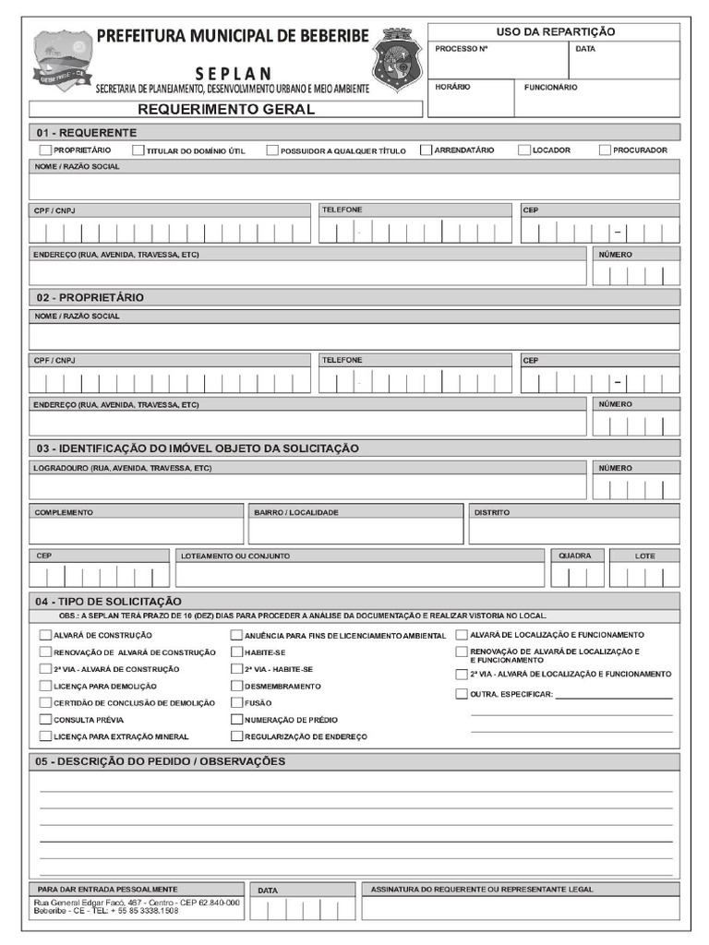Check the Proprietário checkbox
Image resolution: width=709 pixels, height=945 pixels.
click(x=45, y=150)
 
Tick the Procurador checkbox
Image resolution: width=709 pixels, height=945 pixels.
click(x=605, y=150)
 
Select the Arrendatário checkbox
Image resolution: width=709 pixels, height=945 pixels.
click(x=426, y=150)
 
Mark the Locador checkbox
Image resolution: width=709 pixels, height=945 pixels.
click(x=523, y=150)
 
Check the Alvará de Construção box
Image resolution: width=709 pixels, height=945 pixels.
click(x=45, y=635)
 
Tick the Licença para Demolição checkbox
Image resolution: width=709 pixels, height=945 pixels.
click(x=45, y=686)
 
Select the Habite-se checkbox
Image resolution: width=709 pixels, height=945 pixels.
click(x=236, y=652)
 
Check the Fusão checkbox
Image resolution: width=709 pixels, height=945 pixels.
click(x=236, y=702)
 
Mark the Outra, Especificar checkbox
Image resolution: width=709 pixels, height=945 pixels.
click(x=462, y=694)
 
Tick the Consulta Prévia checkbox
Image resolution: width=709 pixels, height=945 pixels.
click(x=45, y=719)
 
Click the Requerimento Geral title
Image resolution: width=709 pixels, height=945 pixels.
click(x=225, y=109)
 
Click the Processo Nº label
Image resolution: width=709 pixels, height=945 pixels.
click(x=461, y=49)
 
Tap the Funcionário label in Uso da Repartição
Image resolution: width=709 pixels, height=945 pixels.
click(x=551, y=88)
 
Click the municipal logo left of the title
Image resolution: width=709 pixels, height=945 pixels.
click(x=63, y=60)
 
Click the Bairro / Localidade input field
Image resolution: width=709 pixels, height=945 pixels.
click(x=355, y=532)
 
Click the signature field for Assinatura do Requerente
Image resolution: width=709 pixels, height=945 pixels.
click(x=520, y=908)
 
